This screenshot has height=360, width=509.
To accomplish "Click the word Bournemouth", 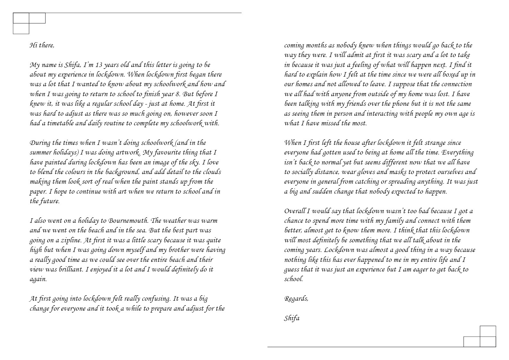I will [128, 221].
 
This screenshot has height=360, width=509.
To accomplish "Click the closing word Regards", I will [296, 299].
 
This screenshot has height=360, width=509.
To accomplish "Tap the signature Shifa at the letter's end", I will [292, 318].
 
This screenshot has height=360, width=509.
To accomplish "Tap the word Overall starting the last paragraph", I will [295, 211].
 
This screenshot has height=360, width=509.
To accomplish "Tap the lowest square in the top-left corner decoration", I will [21, 29].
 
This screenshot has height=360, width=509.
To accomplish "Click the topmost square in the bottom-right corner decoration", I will [488, 331].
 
